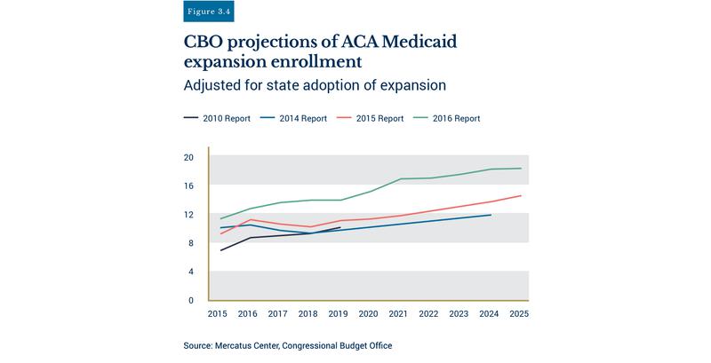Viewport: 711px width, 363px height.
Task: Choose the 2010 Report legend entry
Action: click(217, 118)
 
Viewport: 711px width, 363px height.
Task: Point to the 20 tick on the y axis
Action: click(188, 157)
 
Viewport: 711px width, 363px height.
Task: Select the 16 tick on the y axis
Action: click(188, 185)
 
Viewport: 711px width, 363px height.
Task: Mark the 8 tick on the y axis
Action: click(190, 243)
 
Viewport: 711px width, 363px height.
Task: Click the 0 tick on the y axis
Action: click(190, 301)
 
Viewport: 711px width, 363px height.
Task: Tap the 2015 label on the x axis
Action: click(219, 314)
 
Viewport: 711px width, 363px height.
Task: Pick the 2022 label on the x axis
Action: click(429, 314)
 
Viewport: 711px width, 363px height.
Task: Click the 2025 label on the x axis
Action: click(520, 314)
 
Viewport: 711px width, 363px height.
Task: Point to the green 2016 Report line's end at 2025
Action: click(521, 169)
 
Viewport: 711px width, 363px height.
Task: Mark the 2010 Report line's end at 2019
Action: click(340, 227)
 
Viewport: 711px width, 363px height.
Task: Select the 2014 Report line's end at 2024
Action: click(491, 215)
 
